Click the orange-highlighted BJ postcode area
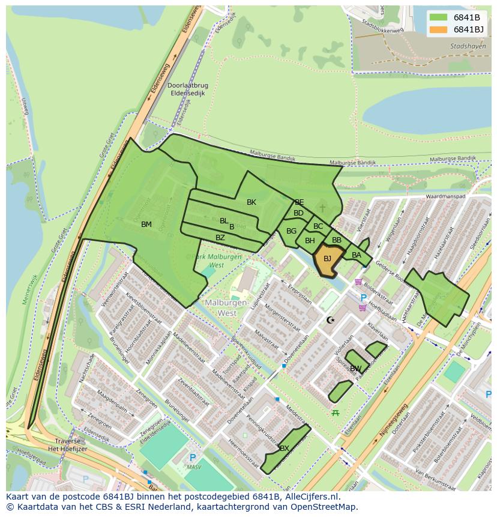[x=327, y=259]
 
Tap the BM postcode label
[x=146, y=225]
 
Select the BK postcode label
[x=252, y=202]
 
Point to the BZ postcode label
[x=220, y=238]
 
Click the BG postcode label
[x=292, y=231]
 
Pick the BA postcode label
[x=357, y=255]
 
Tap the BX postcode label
[x=285, y=449]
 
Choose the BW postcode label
[x=356, y=369]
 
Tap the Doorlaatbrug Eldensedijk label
[x=187, y=89]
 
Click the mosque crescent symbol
[x=330, y=320]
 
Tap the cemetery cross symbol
[x=322, y=208]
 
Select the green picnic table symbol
[x=336, y=413]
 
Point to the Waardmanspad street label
[x=445, y=197]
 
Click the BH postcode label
[x=310, y=241]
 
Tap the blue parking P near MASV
[x=192, y=457]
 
